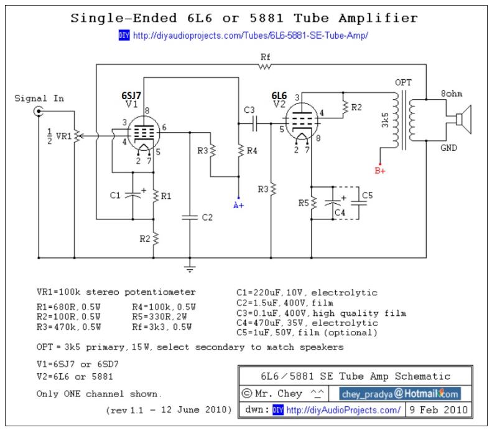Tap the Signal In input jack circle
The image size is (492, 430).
pos(39,112)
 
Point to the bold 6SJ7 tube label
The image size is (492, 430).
pos(131,95)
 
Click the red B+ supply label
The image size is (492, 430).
pos(379,170)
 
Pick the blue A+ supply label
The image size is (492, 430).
pos(238,206)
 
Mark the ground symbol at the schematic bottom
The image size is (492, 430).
pos(190,269)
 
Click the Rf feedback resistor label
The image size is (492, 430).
pos(266,57)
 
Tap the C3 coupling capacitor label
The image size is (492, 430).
pos(249,110)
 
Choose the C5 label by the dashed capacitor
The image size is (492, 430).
pos(367,196)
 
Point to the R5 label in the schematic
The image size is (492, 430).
pos(302,202)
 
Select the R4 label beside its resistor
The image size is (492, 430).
pos(251,150)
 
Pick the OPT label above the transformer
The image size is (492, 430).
pos(403,82)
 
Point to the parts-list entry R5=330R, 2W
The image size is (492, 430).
pos(164,316)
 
